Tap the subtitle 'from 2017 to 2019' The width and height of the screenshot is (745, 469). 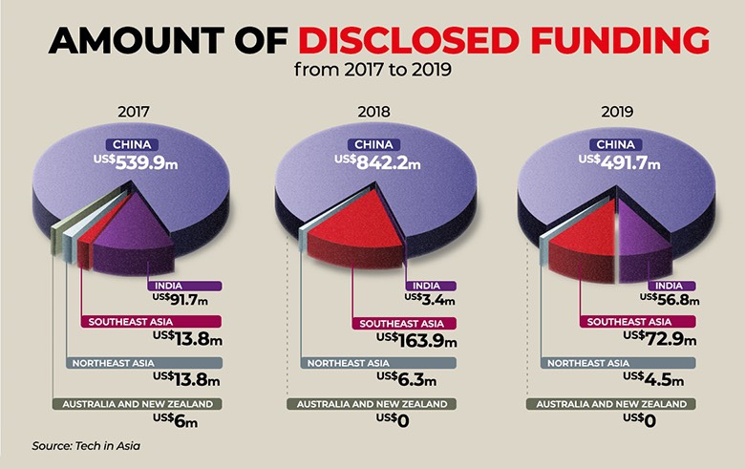coord(373,69)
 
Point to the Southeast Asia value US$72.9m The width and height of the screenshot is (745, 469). coord(658,337)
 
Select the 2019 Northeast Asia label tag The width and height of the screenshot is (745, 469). coord(611,363)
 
